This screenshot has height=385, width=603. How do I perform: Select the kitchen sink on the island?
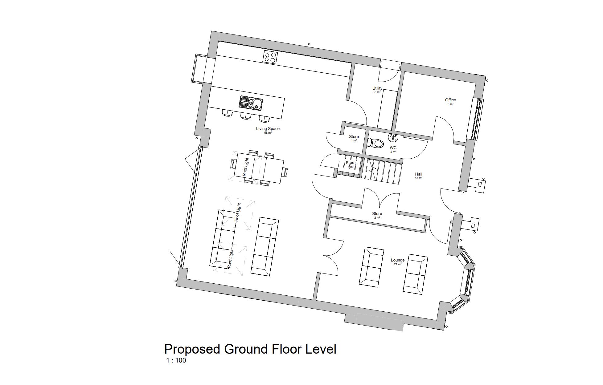click(251, 102)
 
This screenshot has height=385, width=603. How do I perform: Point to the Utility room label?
click(377, 88)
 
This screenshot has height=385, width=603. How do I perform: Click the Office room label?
click(450, 100)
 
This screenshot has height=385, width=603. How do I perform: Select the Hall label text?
click(418, 174)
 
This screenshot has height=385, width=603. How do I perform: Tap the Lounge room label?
click(397, 260)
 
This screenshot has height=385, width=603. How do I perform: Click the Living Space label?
click(268, 128)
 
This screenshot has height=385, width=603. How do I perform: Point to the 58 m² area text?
click(268, 133)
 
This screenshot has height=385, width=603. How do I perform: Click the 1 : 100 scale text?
click(176, 360)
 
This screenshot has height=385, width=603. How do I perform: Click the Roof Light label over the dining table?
click(245, 167)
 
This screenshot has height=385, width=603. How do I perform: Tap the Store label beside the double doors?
click(377, 213)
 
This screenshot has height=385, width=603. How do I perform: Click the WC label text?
click(393, 148)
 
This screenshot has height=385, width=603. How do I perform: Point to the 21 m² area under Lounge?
click(397, 264)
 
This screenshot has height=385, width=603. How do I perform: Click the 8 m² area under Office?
click(450, 104)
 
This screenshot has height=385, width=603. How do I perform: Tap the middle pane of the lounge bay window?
click(466, 282)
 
